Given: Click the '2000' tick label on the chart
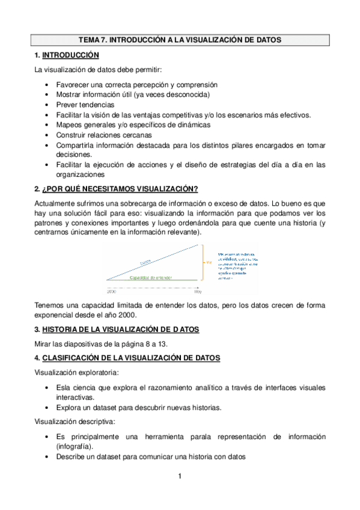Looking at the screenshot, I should (111, 274).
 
